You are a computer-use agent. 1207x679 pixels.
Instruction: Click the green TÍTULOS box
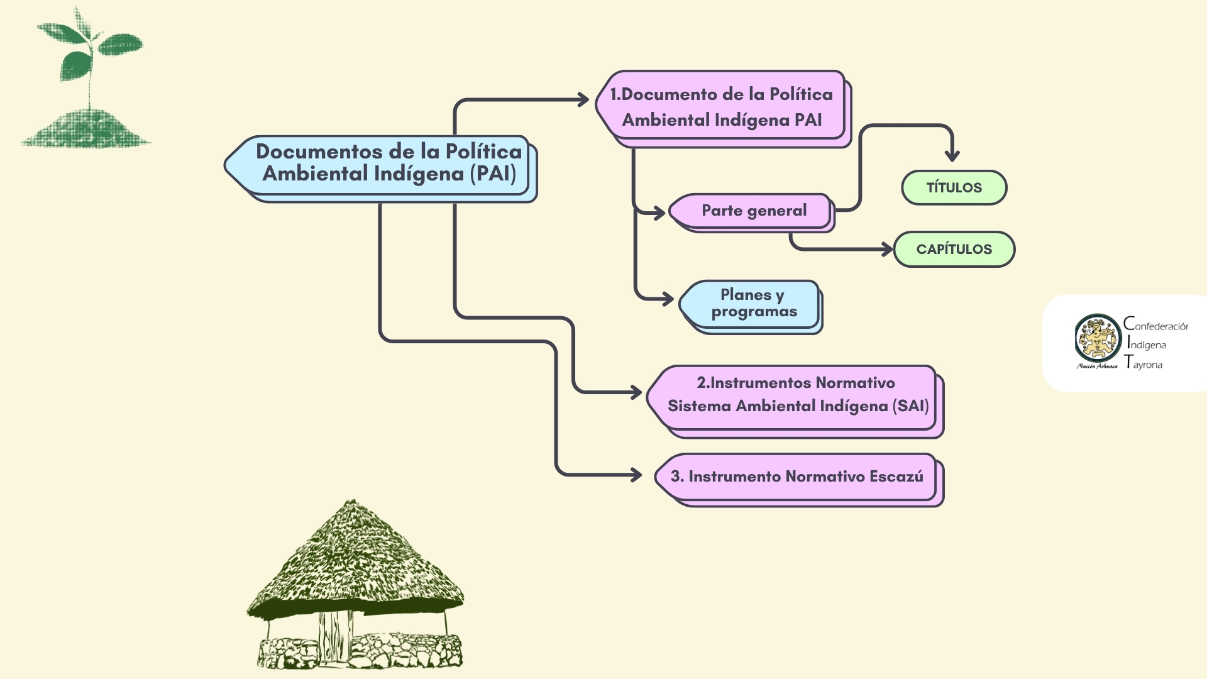(x=954, y=187)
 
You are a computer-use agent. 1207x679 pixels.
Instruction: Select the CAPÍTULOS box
(x=954, y=249)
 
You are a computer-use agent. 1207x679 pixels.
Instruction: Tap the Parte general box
(x=753, y=211)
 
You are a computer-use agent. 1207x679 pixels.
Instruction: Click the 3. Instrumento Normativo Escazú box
(x=796, y=477)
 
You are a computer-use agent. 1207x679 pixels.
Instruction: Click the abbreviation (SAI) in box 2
(x=910, y=406)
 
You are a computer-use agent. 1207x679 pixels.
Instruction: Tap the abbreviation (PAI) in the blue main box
(x=493, y=174)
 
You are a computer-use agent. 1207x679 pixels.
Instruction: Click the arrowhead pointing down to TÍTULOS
(x=952, y=155)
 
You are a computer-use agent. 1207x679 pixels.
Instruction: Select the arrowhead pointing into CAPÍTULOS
(x=888, y=249)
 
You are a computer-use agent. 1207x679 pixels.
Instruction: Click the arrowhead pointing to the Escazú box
(x=636, y=475)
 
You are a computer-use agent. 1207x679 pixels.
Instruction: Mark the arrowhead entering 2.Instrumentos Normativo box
(x=636, y=393)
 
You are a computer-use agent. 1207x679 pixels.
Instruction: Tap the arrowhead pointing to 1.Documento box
(x=583, y=99)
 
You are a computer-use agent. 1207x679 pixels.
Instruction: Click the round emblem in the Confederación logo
(x=1098, y=338)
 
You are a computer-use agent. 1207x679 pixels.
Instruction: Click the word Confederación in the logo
(x=1156, y=325)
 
